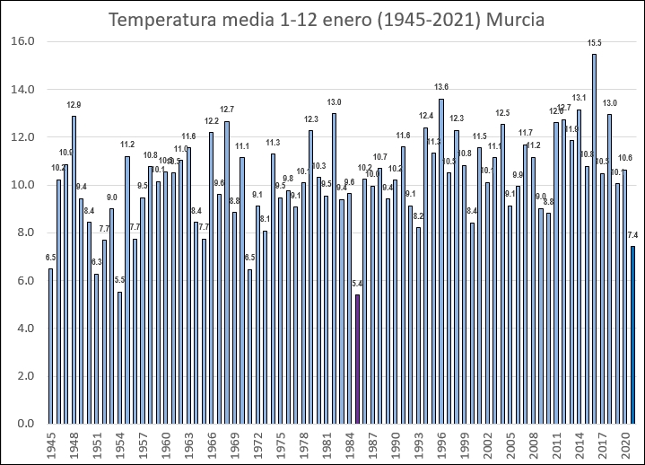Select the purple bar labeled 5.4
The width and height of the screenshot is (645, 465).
[x=357, y=359]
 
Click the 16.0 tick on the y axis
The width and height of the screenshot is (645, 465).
[x=22, y=41]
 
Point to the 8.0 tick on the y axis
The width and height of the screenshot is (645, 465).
[x=25, y=232]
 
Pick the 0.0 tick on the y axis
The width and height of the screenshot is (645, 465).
[x=25, y=424]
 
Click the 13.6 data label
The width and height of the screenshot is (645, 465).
[x=441, y=87]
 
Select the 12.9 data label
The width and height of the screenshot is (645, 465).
[x=74, y=104]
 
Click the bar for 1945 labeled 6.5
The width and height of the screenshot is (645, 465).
[x=50, y=346]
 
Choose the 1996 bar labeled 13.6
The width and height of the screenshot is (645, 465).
[x=441, y=261]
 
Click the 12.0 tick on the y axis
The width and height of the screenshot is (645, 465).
[x=22, y=137]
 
